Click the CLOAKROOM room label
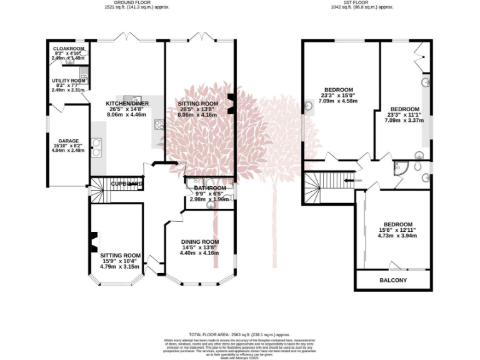tap(68, 48)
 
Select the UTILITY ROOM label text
tap(68, 81)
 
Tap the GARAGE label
tap(69, 141)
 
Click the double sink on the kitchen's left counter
tap(96, 149)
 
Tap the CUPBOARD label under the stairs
tap(127, 184)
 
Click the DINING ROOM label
tap(200, 242)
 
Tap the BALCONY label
tap(393, 280)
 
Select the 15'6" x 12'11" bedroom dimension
tap(397, 231)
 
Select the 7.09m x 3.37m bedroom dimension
tap(405, 120)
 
